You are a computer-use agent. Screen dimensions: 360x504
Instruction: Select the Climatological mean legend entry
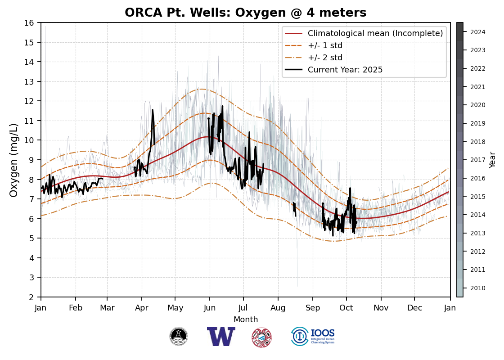coord(375,33)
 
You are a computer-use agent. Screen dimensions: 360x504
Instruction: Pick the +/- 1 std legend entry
coord(325,45)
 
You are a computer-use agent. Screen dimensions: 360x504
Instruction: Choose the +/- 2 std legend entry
coord(325,58)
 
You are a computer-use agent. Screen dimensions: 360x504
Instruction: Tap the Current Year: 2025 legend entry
coord(345,70)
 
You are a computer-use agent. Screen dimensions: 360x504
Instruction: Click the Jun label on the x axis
coord(209,308)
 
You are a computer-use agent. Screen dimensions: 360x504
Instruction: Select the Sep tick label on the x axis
coord(312,308)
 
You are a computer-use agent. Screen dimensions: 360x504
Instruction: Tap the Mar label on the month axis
coord(107,308)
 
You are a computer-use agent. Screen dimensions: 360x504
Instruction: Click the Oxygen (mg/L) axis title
coord(14,160)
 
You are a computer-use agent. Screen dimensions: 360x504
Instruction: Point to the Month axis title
coord(246,319)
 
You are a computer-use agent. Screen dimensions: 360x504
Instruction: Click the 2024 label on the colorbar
coord(478,32)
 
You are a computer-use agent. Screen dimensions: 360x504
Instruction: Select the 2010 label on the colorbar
coord(478,288)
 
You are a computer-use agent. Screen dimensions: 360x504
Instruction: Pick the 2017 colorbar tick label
coord(478,160)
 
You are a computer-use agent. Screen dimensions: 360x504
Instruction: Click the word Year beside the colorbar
coord(493,160)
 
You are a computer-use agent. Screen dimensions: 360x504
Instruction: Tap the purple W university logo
coord(221,337)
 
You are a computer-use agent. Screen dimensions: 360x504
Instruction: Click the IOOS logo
coord(313,337)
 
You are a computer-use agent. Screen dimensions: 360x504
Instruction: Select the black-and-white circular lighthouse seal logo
coord(179,337)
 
